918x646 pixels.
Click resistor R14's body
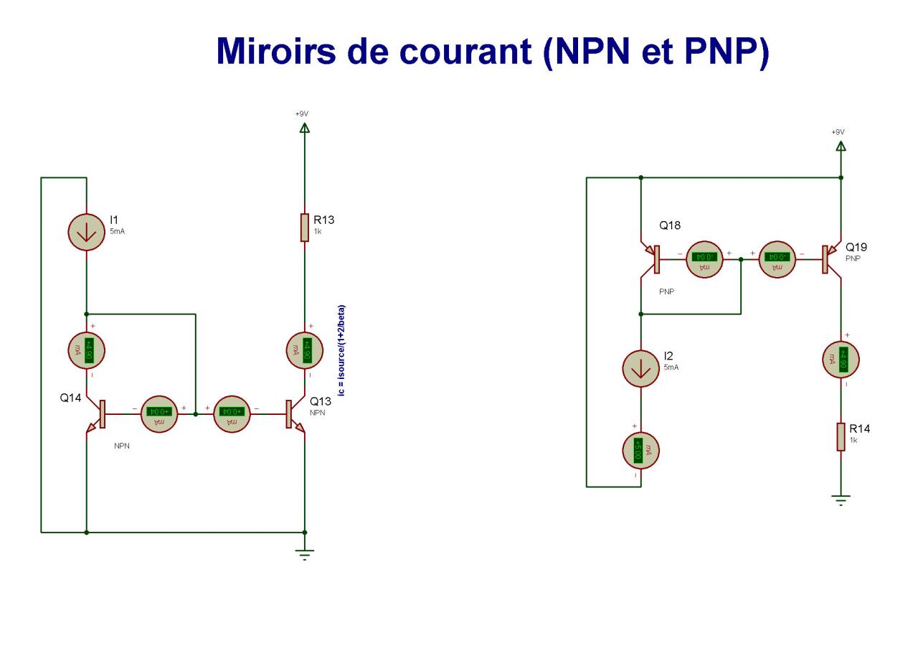(841, 437)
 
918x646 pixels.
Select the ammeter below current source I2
(641, 450)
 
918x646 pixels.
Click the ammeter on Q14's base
(156, 413)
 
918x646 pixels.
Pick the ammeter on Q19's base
(777, 257)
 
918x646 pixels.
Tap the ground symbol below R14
(841, 500)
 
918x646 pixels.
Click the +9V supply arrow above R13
(305, 128)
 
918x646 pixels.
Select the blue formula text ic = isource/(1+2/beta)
(341, 350)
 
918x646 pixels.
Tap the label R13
(324, 220)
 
